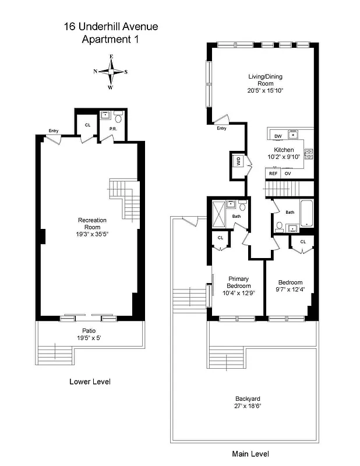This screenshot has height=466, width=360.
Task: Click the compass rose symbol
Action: tap(110, 72)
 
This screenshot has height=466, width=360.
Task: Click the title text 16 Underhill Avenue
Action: tap(111, 26)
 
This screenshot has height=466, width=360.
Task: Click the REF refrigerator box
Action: tap(273, 174)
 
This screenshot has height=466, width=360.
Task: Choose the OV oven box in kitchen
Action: tap(287, 174)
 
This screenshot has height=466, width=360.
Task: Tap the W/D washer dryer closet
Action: tap(238, 161)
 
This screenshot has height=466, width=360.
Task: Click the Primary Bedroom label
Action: tap(239, 282)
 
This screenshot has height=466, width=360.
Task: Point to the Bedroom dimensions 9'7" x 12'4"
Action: tap(290, 290)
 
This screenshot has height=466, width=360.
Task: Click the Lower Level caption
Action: tap(90, 382)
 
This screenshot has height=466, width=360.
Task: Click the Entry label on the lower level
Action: tap(54, 130)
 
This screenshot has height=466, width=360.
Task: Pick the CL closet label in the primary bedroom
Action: tap(221, 238)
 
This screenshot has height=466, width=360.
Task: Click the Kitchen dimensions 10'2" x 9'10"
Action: tap(284, 157)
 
